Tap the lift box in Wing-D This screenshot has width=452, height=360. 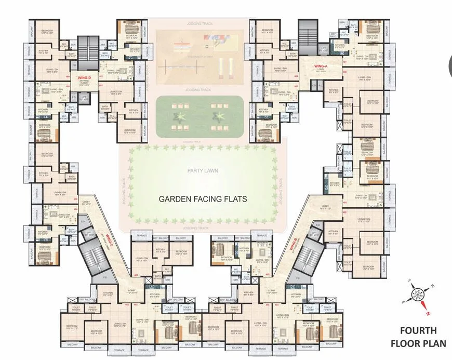click(x=85, y=97)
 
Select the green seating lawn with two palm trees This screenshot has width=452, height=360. click(x=198, y=117)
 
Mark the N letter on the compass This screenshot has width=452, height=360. click(x=428, y=313)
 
